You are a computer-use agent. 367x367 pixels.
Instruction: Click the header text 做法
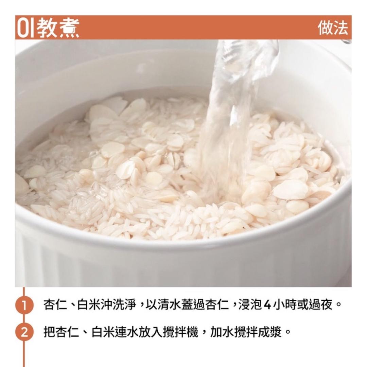[333, 28]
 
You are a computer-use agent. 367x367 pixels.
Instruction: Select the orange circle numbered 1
[24, 304]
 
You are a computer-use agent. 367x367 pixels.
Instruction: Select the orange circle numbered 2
[24, 331]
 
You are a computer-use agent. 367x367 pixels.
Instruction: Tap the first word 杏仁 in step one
[55, 304]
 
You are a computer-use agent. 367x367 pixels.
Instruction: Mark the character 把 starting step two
[49, 331]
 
